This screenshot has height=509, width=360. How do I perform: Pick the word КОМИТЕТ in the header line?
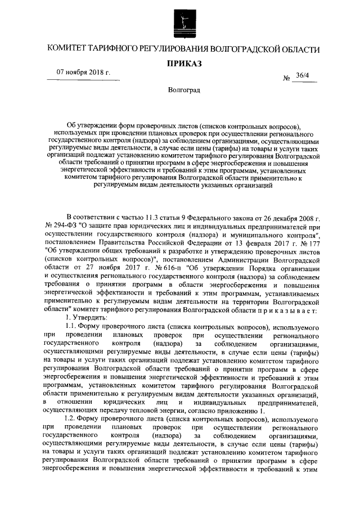pos(68,48)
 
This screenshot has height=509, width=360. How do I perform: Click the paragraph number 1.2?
pos(73,428)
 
